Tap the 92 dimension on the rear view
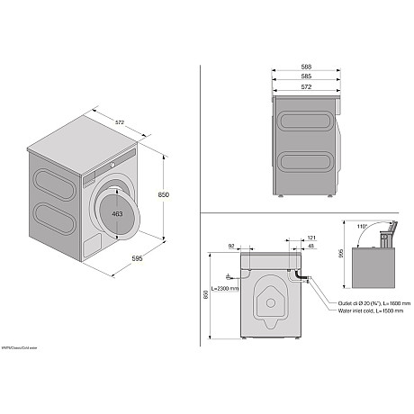pos(232,246)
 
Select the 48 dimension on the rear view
pos(310,247)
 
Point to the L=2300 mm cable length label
pos(225,289)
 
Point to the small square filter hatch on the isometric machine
pos(91,245)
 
